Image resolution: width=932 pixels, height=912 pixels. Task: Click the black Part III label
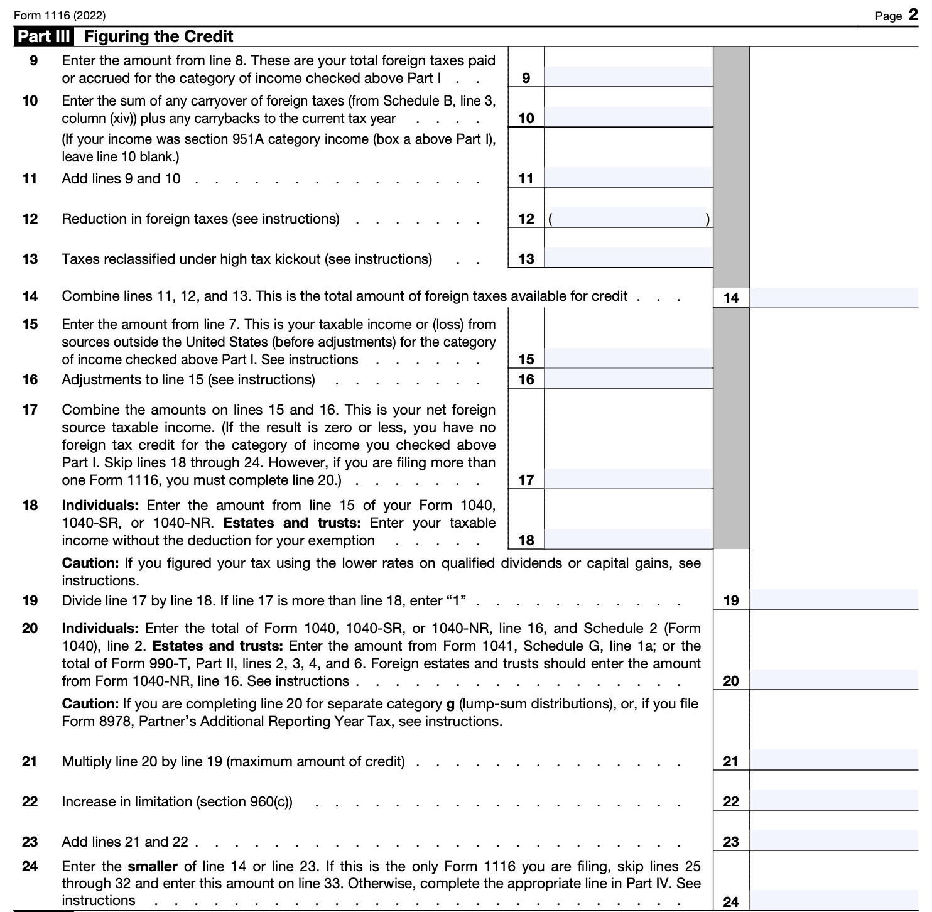43,36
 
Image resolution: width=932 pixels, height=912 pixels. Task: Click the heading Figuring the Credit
158,36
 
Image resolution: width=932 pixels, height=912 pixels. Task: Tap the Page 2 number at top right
896,15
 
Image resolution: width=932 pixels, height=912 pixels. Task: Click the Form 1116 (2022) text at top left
60,16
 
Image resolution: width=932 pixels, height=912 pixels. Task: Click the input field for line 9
628,77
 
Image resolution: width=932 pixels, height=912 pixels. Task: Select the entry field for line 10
628,117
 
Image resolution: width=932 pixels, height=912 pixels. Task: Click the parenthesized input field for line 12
628,218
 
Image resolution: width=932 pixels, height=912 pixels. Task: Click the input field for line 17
628,479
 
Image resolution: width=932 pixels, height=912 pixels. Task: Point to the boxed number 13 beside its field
526,259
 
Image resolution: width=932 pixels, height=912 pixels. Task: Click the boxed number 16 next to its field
526,379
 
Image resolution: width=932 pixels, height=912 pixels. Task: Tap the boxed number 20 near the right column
731,681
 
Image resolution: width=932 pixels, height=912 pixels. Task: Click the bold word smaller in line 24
153,867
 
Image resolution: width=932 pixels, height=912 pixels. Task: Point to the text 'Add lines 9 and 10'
121,179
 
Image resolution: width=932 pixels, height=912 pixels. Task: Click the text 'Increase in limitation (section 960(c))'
177,802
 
